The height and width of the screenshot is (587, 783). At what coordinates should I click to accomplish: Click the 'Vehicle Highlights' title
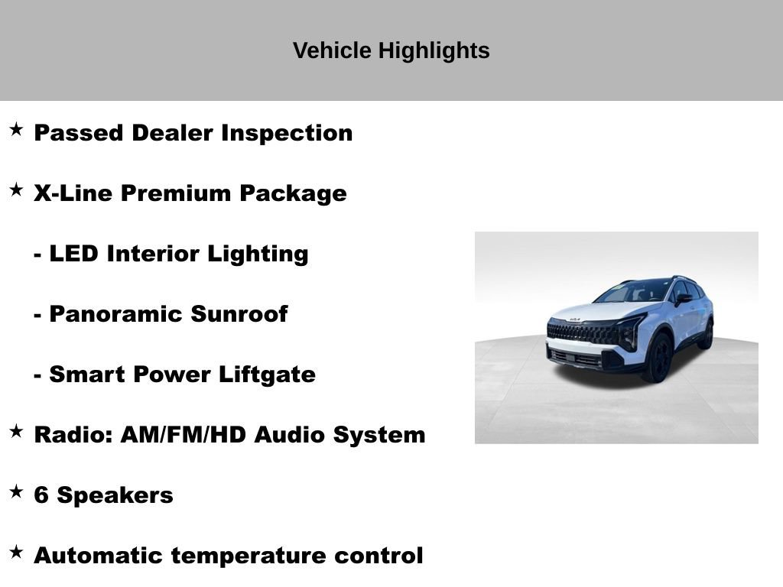pyautogui.click(x=391, y=51)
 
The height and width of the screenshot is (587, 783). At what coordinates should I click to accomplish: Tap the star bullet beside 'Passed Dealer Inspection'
pyautogui.click(x=16, y=130)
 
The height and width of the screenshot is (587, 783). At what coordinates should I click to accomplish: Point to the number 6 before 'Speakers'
pyautogui.click(x=41, y=495)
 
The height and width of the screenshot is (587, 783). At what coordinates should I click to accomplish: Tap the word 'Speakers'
pyautogui.click(x=115, y=495)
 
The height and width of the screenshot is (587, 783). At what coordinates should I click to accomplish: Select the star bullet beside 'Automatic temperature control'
pyautogui.click(x=16, y=553)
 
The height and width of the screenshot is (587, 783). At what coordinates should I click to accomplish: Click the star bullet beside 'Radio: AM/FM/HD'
pyautogui.click(x=16, y=432)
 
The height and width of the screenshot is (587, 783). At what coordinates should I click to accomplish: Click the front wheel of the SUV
pyautogui.click(x=658, y=358)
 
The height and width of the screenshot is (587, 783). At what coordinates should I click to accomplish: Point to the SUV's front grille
pyautogui.click(x=581, y=333)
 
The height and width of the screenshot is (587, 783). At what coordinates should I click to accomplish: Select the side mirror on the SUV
pyautogui.click(x=681, y=299)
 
